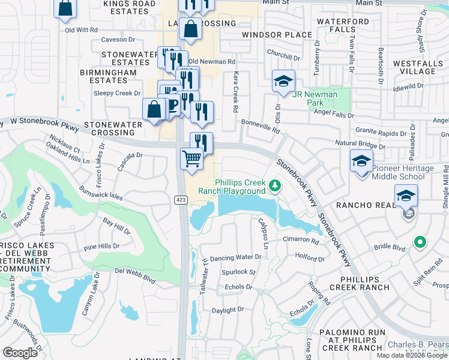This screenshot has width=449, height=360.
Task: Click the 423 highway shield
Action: coord(181,199)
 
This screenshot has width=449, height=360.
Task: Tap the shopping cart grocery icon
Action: coord(191,159)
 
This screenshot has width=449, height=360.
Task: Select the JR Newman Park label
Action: coord(315,98)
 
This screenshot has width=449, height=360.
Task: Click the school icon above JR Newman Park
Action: coord(283,81)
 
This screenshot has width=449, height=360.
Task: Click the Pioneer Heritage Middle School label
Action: coord(402,173)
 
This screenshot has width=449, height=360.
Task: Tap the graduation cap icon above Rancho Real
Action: coord(406,196)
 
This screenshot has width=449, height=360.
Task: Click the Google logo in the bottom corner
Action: coord(20,352)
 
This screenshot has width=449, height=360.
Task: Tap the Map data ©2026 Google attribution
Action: coord(412,355)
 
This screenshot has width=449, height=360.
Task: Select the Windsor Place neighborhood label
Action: coord(277,35)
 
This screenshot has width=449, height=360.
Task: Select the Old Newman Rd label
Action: coord(211,61)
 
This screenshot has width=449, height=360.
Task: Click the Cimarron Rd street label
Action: coord(300,240)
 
